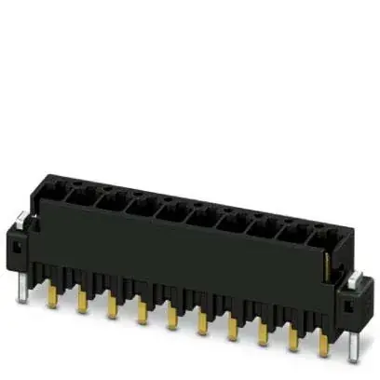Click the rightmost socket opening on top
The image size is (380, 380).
point(321,237)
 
